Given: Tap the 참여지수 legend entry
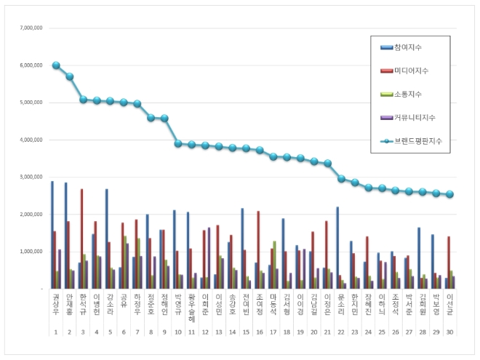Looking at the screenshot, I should [412, 47].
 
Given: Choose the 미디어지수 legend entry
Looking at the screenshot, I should [414, 71].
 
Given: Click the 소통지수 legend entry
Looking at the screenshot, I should [412, 94].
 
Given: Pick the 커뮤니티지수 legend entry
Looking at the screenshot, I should [417, 117].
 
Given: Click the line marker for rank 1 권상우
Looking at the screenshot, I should [56, 65].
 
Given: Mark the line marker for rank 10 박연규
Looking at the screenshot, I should [178, 143].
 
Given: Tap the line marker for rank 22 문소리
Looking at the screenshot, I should [341, 178].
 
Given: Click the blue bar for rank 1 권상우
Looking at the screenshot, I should [52, 235].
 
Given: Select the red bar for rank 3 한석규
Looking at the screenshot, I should [82, 239].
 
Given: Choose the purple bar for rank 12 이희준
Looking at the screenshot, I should [209, 258].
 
